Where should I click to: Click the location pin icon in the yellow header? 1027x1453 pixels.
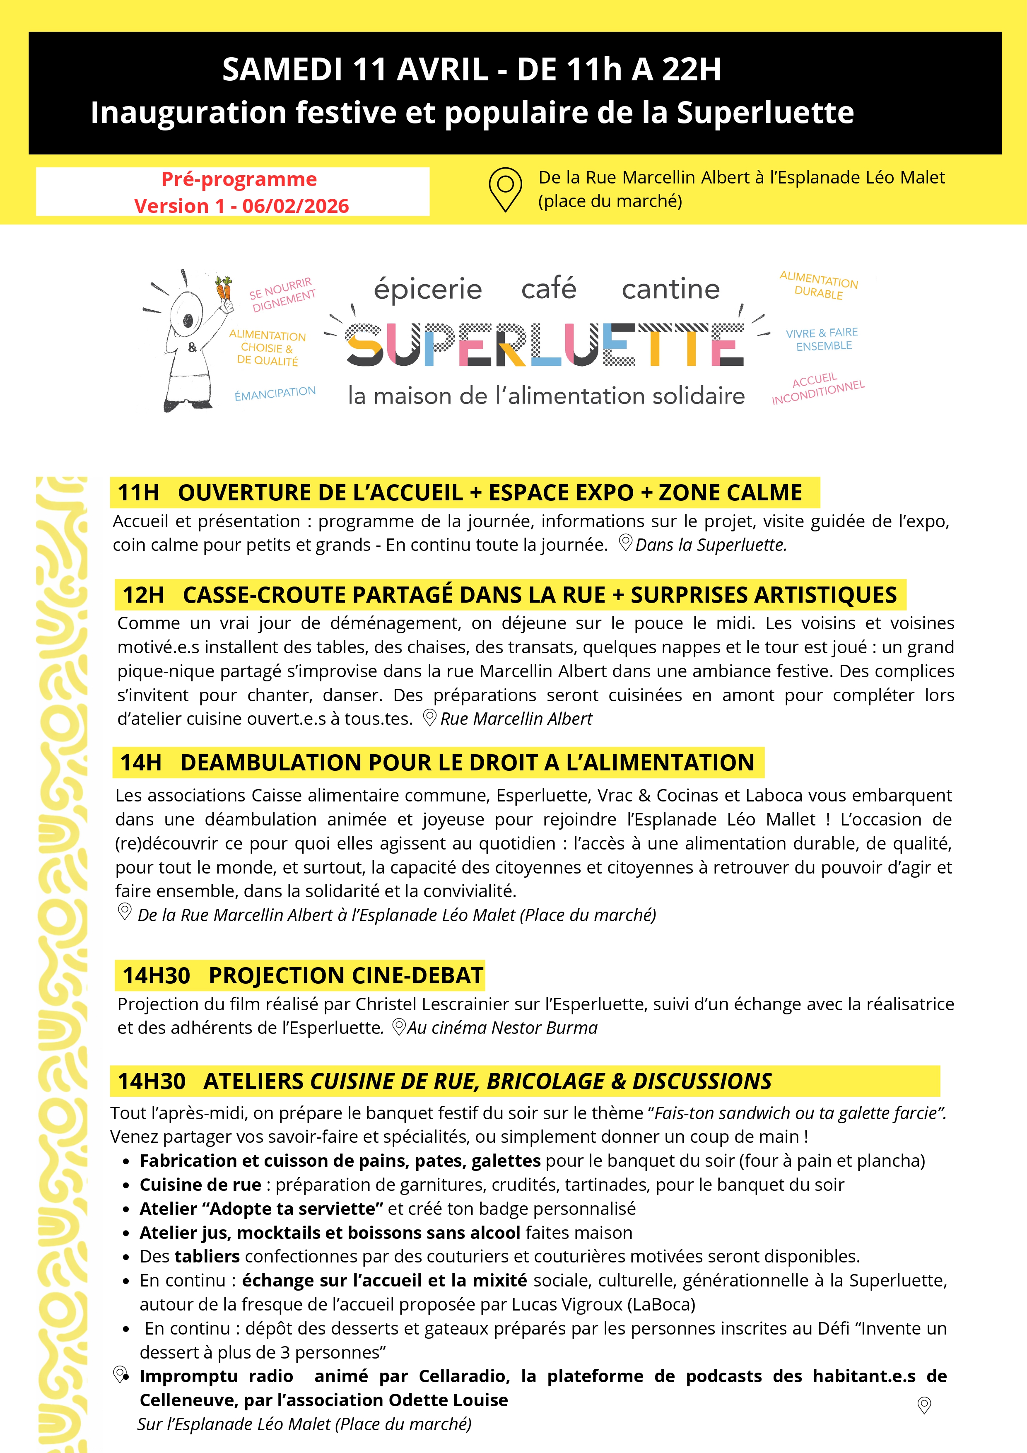505,188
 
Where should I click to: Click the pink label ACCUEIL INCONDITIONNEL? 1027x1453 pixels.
817,389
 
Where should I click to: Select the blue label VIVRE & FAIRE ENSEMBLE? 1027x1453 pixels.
822,339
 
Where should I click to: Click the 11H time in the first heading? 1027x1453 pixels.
139,493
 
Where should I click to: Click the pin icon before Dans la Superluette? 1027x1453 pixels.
625,543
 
